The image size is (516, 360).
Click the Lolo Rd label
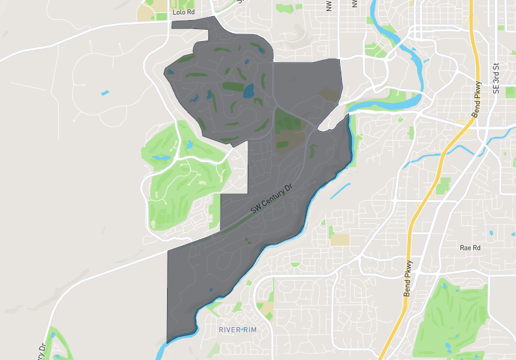183,12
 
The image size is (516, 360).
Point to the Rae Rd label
470,248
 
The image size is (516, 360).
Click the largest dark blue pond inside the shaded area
248,90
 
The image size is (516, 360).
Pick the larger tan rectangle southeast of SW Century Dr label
339,239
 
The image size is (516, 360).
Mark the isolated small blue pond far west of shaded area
105,93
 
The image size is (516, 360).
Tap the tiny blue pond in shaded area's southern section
247,242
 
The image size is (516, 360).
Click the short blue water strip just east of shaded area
340,191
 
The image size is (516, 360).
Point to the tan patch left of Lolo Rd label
146,12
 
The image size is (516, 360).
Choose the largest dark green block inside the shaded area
288,121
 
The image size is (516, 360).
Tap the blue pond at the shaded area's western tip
170,72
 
